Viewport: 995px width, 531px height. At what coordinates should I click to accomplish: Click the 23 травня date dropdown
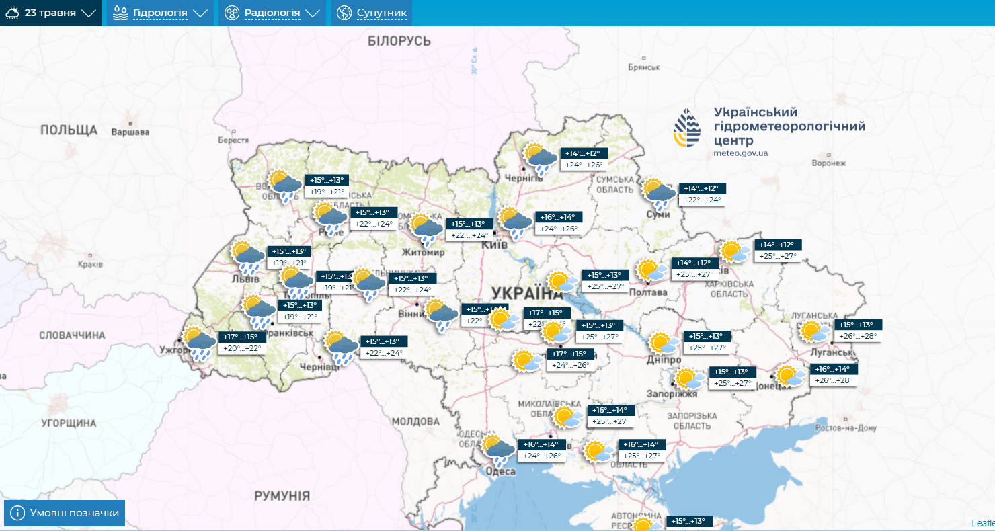point(51,13)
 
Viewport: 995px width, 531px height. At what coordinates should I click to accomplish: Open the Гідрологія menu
point(160,13)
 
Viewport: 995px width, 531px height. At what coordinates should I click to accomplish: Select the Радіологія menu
point(272,13)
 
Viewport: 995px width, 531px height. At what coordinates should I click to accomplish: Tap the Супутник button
point(372,13)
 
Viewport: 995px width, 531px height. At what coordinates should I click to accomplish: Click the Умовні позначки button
point(65,514)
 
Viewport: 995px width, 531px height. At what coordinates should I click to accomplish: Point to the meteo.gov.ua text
point(740,153)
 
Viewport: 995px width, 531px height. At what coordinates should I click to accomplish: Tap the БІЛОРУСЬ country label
point(399,42)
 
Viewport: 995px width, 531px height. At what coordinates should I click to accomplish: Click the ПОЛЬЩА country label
point(69,130)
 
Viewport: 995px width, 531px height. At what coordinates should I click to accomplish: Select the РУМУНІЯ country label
point(282,496)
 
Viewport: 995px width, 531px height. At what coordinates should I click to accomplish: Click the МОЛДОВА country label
point(415,421)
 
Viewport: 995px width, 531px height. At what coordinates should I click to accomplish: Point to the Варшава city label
point(130,132)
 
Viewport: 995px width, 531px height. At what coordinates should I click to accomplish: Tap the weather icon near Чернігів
point(540,159)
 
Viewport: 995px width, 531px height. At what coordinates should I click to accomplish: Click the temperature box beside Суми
point(703,194)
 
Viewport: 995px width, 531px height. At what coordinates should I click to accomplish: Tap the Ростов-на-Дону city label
point(845,428)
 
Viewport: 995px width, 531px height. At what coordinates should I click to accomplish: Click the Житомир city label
point(423,253)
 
